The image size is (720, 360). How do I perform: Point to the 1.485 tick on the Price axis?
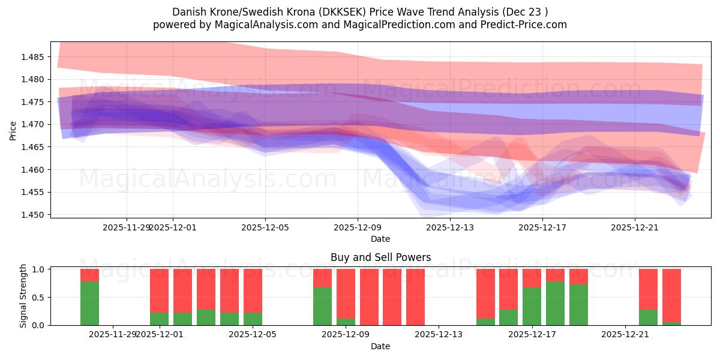point(34,57)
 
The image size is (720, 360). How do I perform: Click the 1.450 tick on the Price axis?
point(34,215)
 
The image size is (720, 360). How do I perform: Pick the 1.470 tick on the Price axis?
point(34,125)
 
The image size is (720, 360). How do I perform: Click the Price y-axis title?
point(13,130)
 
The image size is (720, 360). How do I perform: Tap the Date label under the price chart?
point(380,239)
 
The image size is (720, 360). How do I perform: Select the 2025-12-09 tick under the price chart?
point(358,227)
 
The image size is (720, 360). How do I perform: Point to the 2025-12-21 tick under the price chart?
point(635,227)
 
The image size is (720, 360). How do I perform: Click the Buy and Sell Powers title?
point(380,257)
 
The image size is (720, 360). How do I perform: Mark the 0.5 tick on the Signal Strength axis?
point(38,298)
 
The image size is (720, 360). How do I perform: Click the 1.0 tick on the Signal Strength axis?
point(38,269)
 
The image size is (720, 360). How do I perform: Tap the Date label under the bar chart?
point(380,346)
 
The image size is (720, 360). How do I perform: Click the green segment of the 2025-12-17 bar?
point(532,306)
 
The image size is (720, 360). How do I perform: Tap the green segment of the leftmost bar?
point(90,303)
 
